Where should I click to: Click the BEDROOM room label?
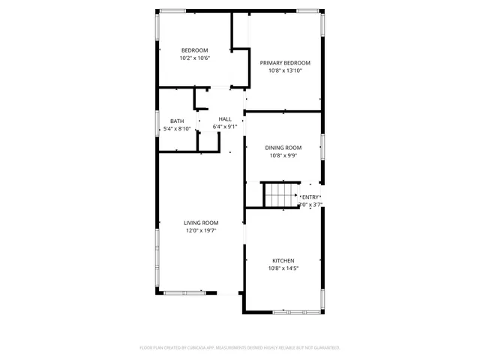pos(194,50)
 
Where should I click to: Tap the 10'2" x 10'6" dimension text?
pos(194,58)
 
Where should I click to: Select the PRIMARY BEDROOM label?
pos(285,63)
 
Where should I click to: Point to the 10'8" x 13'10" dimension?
pos(285,72)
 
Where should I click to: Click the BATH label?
pos(177,121)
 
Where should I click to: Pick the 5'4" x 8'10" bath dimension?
pos(177,129)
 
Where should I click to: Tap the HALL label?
pos(225,118)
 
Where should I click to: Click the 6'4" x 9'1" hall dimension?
pos(225,127)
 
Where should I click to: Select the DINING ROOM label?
pos(283,148)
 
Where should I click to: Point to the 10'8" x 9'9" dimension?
pos(283,157)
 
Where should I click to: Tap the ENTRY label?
pos(310,196)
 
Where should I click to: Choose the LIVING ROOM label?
pos(202,222)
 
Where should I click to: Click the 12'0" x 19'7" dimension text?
pos(202,231)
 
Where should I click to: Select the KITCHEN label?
pos(283,260)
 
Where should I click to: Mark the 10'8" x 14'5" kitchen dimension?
pos(283,268)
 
